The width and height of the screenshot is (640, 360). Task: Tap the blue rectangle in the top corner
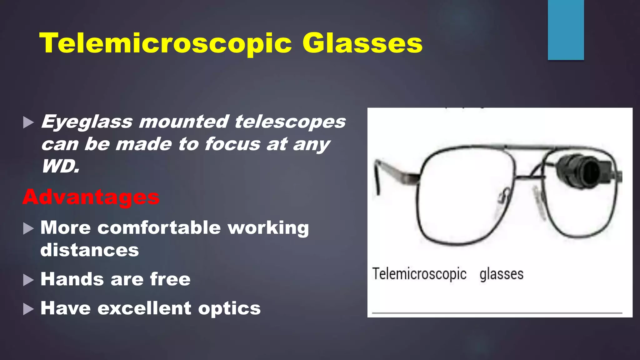click(x=566, y=30)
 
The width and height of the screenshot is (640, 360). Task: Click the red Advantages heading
click(x=91, y=197)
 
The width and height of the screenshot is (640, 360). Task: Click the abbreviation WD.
click(x=61, y=166)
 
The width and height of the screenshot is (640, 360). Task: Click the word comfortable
click(x=159, y=227)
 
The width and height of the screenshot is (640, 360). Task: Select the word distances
click(x=90, y=250)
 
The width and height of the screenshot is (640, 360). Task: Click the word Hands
click(x=72, y=279)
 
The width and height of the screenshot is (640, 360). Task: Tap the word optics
click(x=229, y=309)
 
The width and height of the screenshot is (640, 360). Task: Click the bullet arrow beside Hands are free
click(x=28, y=280)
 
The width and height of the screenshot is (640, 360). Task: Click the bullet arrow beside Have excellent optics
click(x=28, y=309)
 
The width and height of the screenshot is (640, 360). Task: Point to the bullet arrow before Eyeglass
click(x=28, y=122)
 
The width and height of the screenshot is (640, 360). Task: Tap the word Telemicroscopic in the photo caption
click(x=419, y=274)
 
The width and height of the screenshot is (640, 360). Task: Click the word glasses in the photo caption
click(x=501, y=274)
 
